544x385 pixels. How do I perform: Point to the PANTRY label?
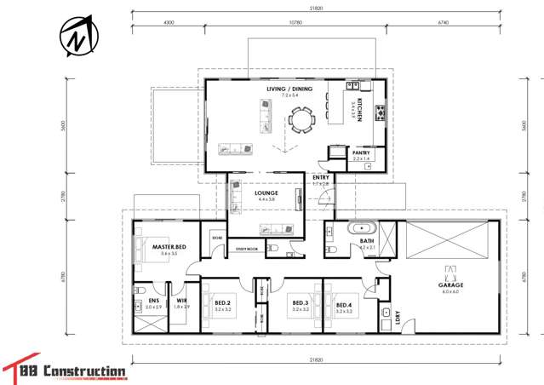coord(362,153)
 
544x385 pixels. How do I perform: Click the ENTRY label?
coord(320,178)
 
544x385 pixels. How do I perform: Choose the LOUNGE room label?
coord(266,193)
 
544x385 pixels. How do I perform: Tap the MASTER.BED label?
coord(169,248)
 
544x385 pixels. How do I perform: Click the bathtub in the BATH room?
coord(364,227)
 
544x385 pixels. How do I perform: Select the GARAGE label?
coord(450,285)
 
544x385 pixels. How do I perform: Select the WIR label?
coord(180,301)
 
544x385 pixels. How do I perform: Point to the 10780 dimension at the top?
coord(296,23)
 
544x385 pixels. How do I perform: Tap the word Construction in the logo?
coord(85,371)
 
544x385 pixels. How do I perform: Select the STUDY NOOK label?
coord(248,250)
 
